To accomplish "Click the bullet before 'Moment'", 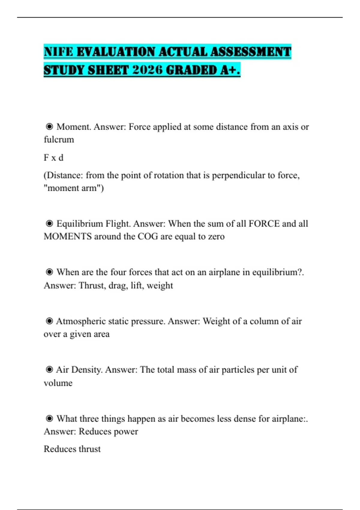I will pos(49,127).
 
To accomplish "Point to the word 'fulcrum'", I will pos(59,139).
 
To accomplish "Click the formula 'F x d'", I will pos(53,157).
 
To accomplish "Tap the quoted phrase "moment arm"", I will pos(73,188).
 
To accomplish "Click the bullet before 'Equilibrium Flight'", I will pos(49,223).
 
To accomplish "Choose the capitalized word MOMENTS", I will pos(67,236).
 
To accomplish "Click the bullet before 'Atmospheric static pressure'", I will pos(49,321).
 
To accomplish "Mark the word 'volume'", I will pos(58,383).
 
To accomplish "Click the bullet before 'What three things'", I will pos(49,418).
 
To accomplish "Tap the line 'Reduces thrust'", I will pos(72,449).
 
